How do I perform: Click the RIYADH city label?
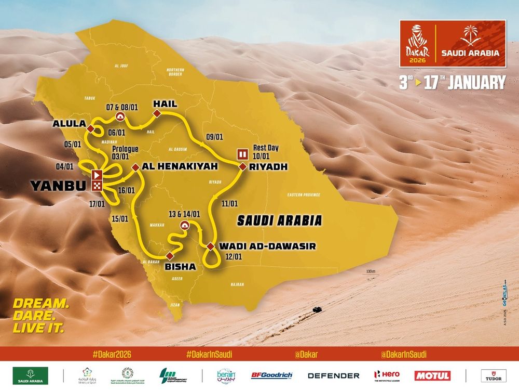point(268,167)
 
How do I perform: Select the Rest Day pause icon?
point(242,153)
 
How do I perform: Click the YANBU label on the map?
point(55,185)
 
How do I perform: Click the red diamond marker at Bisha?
point(169,255)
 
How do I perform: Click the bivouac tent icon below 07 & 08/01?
point(120,116)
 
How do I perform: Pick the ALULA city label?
point(69,125)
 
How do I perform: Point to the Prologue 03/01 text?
point(126,152)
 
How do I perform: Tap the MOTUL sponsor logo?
point(432,375)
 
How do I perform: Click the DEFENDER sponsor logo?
point(333,375)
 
